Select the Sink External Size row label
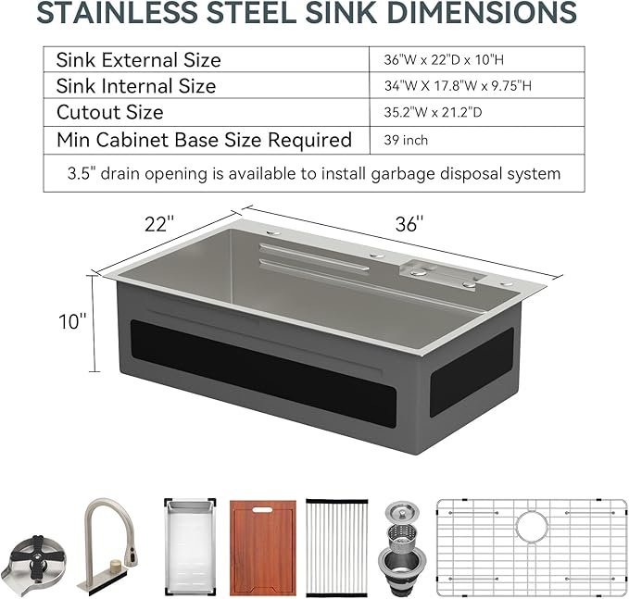point(138,60)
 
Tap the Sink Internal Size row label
point(135,86)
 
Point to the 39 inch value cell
point(406,141)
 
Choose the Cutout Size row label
point(109,113)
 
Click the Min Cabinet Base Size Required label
point(204,141)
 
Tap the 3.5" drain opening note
point(314,173)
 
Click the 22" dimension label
point(159,223)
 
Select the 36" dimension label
point(407,223)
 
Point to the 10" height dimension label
point(71,320)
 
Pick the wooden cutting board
point(262,547)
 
